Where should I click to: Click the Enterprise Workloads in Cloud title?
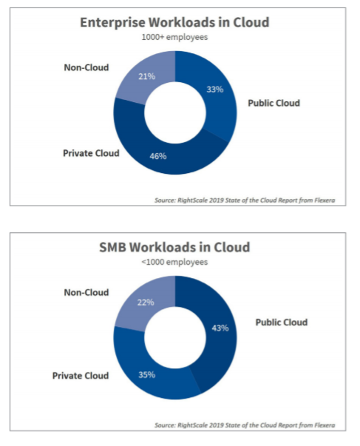174,22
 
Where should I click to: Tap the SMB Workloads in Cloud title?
174,247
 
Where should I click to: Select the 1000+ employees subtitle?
174,37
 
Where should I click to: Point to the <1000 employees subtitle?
174,262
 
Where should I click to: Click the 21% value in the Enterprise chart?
146,76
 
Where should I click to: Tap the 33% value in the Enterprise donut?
215,89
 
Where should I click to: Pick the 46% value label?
158,156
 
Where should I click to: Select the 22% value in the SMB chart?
146,302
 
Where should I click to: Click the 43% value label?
220,328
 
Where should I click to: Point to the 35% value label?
146,374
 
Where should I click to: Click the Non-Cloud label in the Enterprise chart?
86,67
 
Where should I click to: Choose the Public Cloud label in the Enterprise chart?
274,103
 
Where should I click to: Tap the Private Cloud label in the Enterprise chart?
91,153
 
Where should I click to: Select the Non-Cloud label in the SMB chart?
86,292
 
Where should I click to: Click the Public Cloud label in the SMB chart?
282,322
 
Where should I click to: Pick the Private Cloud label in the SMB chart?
81,376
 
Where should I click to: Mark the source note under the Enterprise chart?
245,200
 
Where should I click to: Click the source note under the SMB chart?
245,425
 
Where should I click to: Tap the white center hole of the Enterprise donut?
175,112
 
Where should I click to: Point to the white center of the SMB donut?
175,337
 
